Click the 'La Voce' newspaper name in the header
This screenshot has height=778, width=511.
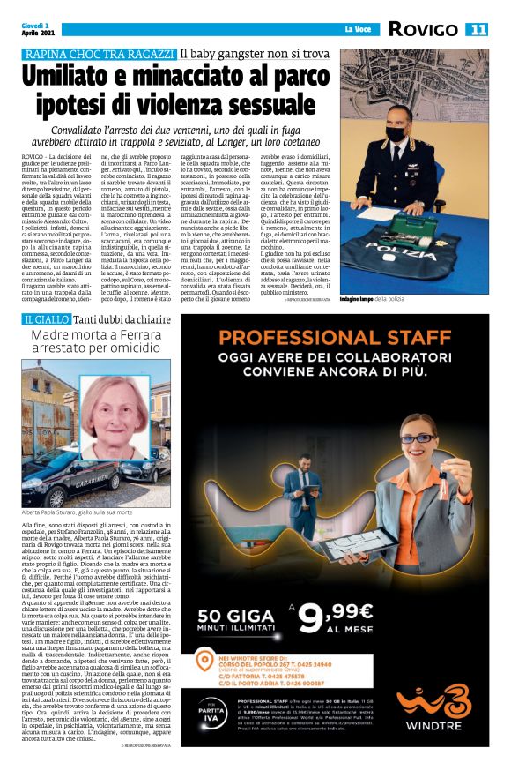click(358, 30)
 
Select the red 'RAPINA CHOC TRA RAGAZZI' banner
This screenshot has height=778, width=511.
click(100, 55)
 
